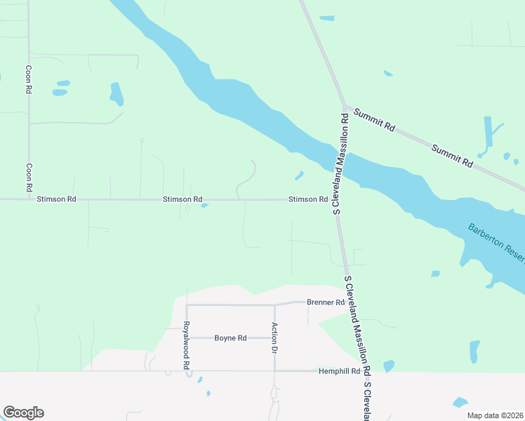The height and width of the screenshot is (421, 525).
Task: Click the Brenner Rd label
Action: [326, 302]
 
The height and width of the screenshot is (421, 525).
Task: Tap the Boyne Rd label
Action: [230, 338]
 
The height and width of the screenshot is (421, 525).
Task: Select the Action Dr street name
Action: [275, 338]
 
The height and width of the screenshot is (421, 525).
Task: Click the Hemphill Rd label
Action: [339, 370]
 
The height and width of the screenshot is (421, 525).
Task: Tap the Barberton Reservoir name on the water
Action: [496, 243]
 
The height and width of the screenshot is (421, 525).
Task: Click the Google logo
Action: [23, 413]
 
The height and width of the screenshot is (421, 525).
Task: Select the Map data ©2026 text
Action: [495, 415]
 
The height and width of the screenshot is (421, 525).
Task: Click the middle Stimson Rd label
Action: [182, 199]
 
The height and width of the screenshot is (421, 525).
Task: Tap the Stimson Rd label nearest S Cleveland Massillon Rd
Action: [308, 199]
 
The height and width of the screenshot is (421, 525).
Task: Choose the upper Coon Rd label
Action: [29, 80]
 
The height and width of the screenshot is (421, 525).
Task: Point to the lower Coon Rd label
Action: [29, 178]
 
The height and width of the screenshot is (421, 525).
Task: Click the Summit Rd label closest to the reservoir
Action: [376, 121]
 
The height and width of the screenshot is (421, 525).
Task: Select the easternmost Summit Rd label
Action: [452, 156]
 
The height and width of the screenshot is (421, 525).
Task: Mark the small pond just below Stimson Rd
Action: [204, 206]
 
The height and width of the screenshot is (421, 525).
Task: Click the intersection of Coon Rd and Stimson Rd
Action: [29, 199]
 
